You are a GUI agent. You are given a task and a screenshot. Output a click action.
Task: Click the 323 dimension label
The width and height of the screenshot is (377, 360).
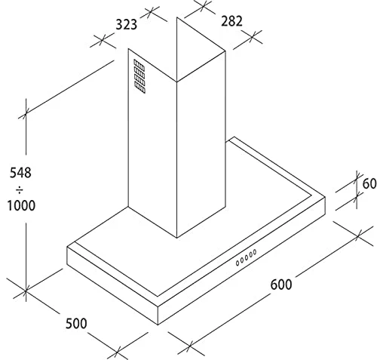[x=126, y=25]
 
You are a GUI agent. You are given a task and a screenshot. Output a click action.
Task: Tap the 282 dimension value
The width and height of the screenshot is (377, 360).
[x=231, y=21]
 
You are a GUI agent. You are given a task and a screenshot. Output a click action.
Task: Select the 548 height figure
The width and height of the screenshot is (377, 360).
[x=20, y=173]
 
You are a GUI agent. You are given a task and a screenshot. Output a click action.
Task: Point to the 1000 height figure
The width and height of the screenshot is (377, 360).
[x=21, y=205]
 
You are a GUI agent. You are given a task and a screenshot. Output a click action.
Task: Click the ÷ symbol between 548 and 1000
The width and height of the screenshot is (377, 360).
[x=20, y=189]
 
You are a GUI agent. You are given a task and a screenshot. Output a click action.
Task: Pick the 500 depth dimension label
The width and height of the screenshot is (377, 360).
[x=76, y=323]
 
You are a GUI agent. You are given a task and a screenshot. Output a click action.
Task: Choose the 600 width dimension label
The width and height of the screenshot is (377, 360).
[x=281, y=285]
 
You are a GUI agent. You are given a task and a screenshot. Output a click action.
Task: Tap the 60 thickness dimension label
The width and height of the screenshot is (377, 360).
[x=369, y=183]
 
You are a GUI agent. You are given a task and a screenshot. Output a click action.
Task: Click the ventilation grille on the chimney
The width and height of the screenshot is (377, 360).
[x=139, y=76]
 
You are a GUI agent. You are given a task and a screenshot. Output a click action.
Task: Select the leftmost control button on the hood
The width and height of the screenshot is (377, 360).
[x=238, y=263]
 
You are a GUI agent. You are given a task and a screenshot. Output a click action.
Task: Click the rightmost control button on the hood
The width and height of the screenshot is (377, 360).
[x=255, y=252]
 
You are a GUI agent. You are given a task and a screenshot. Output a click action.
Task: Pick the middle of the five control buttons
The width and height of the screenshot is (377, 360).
[x=247, y=257]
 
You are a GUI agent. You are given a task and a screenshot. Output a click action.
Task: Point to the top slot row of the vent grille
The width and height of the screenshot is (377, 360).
[x=139, y=65]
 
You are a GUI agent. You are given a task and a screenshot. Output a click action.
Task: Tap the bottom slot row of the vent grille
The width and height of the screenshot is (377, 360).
[x=139, y=88]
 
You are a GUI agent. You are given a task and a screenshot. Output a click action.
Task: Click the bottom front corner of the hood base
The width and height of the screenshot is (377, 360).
[x=158, y=325]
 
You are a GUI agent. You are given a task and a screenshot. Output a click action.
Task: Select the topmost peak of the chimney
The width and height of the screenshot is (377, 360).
[x=176, y=17]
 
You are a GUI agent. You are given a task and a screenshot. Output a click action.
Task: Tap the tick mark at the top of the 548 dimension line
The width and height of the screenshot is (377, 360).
[x=26, y=115]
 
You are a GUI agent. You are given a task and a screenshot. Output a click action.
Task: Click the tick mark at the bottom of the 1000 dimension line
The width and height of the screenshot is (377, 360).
[x=26, y=291]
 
